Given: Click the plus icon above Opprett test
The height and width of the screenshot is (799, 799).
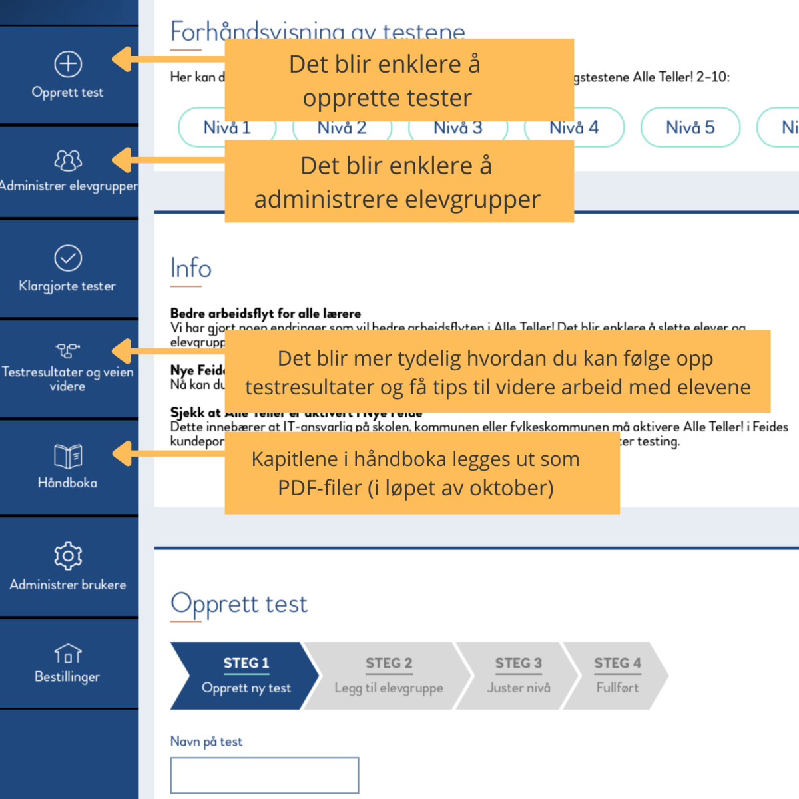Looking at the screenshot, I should (x=68, y=64).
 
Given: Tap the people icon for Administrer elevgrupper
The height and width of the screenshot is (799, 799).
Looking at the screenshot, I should (x=68, y=160).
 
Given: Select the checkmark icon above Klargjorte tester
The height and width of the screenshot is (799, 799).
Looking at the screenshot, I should (x=68, y=258).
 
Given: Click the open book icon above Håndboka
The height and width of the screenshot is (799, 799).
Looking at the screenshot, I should (x=68, y=457).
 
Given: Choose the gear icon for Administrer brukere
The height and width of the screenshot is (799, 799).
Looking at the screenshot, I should (x=68, y=555).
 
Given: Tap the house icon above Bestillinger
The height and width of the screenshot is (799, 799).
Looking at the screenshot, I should (x=68, y=654).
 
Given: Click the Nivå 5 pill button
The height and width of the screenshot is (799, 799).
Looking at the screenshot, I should (x=690, y=127).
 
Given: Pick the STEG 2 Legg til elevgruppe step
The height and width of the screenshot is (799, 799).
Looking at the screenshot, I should (x=388, y=675).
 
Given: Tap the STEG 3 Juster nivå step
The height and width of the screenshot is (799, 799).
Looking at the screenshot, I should (x=518, y=675).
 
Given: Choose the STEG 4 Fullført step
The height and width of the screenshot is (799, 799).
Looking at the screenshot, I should (x=617, y=675).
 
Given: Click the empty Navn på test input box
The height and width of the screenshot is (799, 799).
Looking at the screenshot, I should (x=264, y=775).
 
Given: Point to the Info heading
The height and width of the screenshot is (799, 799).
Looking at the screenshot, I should (x=191, y=268).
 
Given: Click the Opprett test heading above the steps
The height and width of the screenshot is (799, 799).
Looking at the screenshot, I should (x=239, y=604).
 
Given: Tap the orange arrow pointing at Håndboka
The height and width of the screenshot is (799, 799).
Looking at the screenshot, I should (x=127, y=454).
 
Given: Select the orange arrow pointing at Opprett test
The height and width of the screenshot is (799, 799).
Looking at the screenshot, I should (x=127, y=59).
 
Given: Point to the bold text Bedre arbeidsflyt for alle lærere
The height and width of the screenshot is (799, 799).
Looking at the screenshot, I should (x=265, y=313).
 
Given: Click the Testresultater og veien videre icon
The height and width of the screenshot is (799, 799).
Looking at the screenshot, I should (x=68, y=350).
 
